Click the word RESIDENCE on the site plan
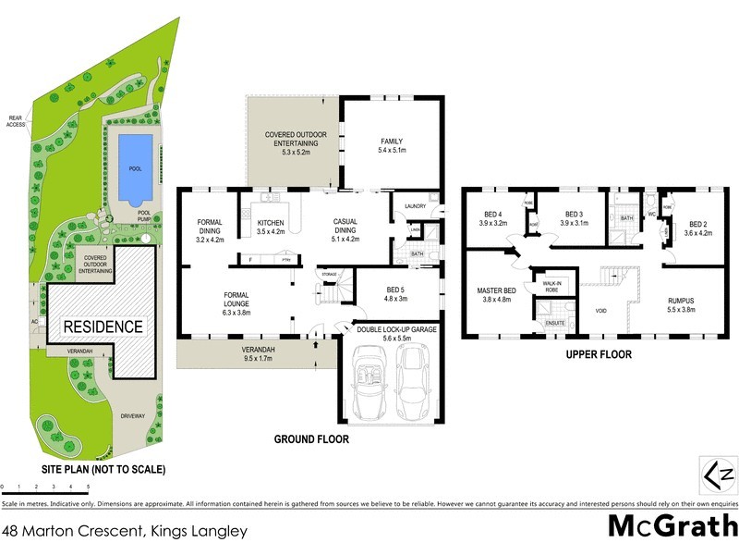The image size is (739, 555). click(103, 327)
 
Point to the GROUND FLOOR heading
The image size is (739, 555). click(310, 439)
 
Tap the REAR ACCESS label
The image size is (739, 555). click(16, 120)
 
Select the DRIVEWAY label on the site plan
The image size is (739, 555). click(133, 416)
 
